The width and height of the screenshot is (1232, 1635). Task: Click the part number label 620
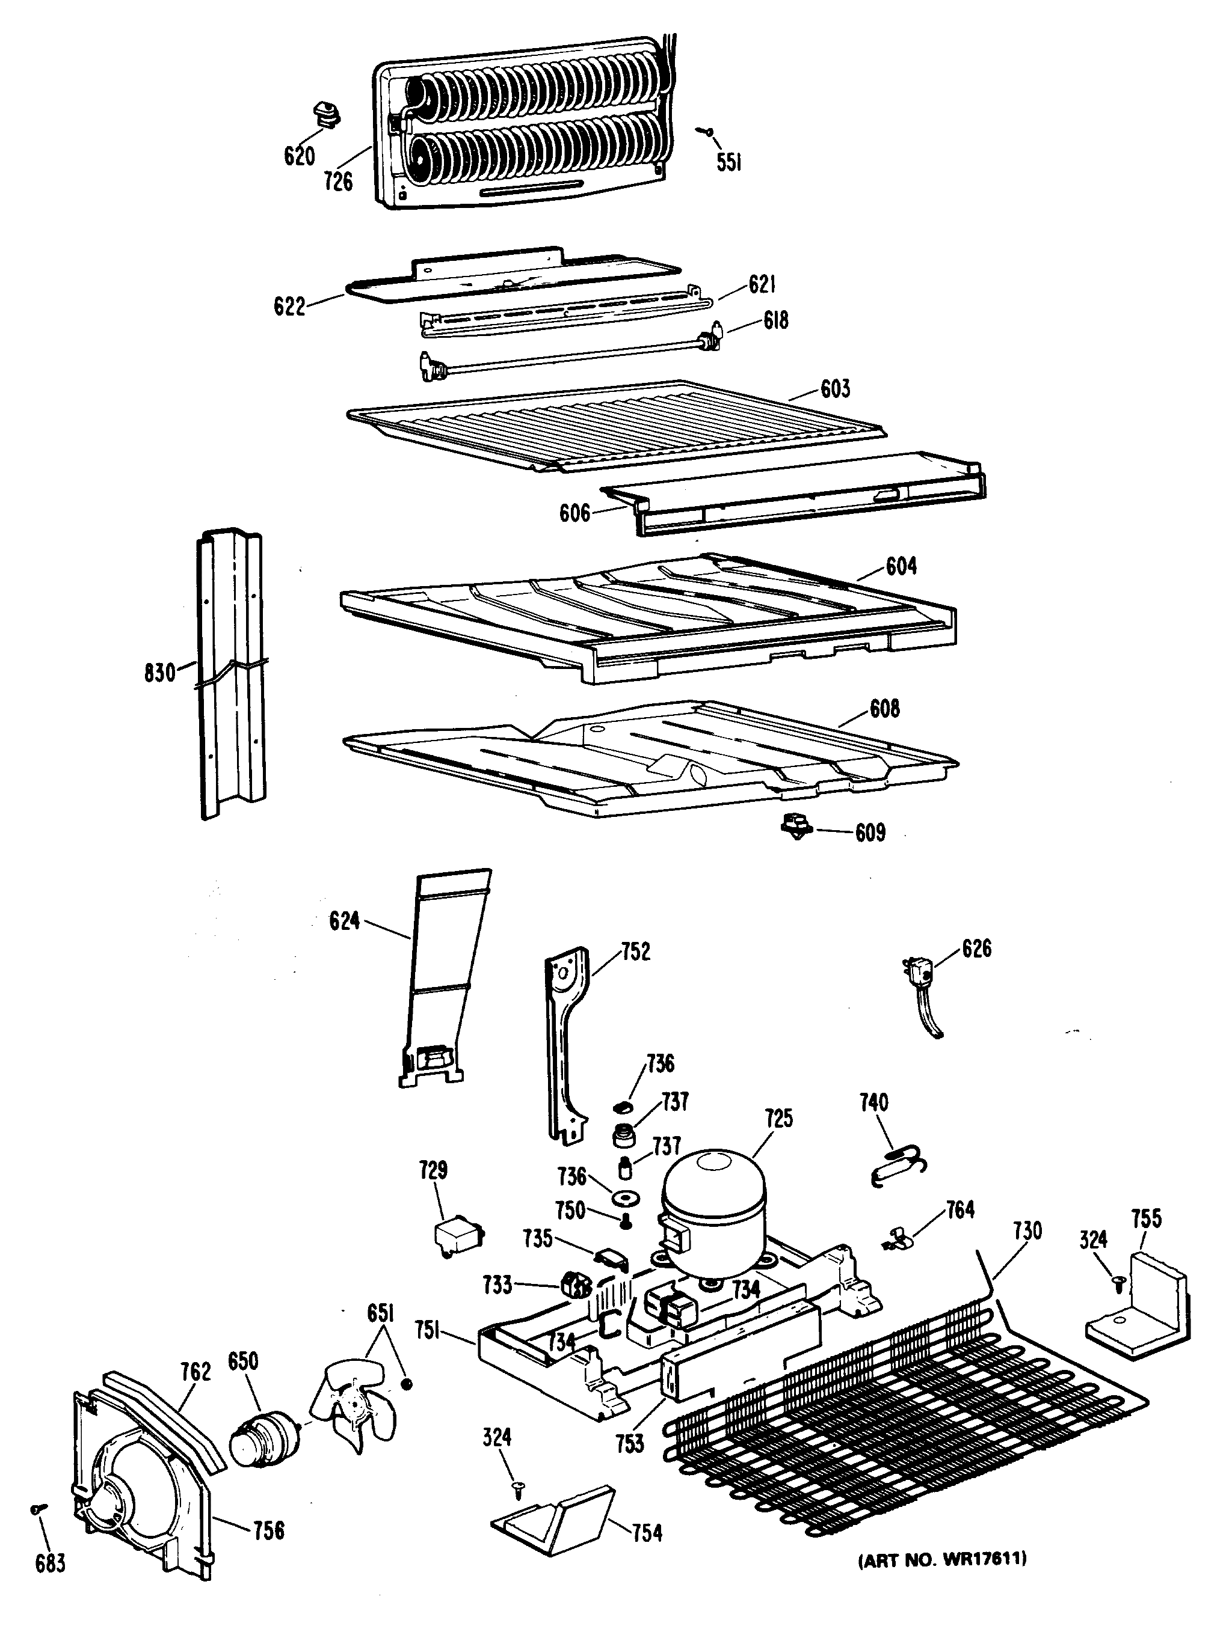pos(299,156)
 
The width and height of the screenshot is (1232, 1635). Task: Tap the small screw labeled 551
pos(707,132)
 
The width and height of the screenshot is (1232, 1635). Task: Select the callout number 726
pos(338,181)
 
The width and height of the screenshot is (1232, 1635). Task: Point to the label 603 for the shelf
pos(835,389)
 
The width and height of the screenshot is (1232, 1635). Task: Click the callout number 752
pos(635,952)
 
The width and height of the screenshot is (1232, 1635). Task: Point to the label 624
pos(345,921)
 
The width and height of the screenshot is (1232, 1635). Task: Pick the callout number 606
pos(574,513)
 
